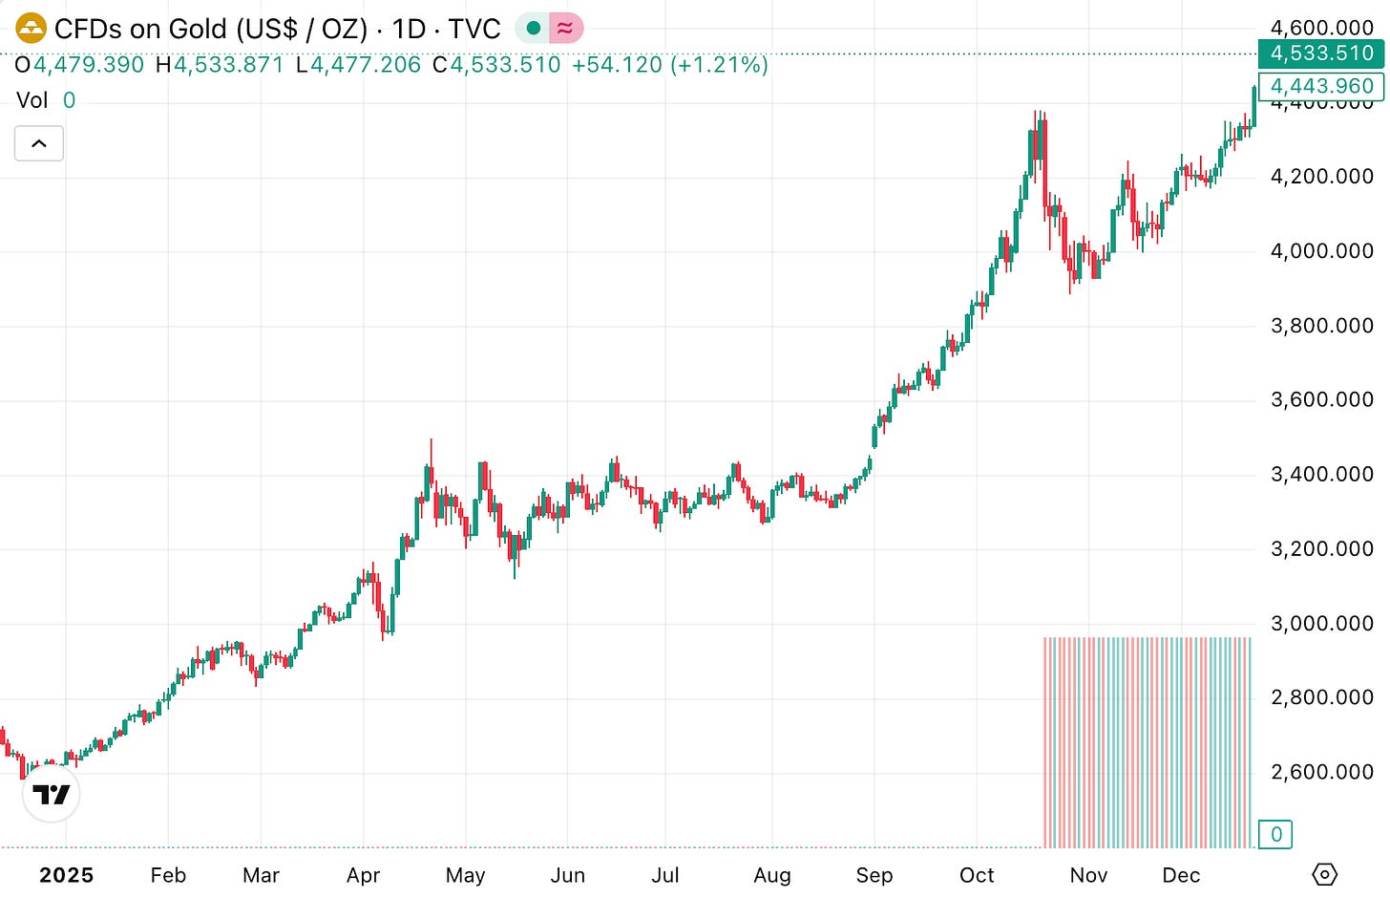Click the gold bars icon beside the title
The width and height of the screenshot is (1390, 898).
coord(32,29)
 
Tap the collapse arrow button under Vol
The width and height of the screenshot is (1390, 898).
coord(39,143)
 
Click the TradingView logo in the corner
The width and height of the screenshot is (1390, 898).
coord(52,794)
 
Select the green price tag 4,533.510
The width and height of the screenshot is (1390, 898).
coord(1321,53)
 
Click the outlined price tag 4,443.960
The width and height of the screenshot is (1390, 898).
coord(1321,86)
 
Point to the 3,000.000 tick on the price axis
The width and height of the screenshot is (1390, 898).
coord(1321,623)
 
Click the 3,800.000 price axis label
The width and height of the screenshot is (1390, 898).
coord(1321,325)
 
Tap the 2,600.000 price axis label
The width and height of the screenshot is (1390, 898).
coord(1321,772)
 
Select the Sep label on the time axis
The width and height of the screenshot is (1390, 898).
coord(874,875)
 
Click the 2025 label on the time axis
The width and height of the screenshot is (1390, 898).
coord(67,875)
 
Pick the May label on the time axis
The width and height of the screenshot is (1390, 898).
coord(466,875)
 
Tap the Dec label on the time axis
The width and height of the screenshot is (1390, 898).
coord(1181,875)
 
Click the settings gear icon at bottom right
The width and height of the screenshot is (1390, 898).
coord(1324,873)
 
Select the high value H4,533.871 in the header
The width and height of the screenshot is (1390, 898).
coord(221,65)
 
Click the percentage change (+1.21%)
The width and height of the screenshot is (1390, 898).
coord(719,65)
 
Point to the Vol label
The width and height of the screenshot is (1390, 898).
coord(32,100)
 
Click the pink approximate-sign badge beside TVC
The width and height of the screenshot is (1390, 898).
coord(565,29)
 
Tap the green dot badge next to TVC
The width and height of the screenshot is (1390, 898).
coord(534,29)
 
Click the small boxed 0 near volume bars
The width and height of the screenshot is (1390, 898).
coord(1275,834)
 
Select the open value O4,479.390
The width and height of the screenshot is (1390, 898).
coord(80,65)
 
